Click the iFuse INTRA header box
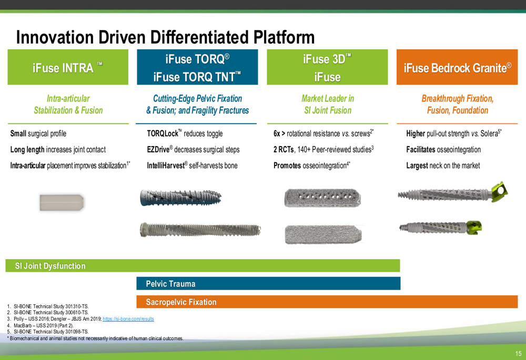(x=68, y=67)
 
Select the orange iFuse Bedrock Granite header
(x=457, y=67)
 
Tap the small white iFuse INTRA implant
(x=62, y=202)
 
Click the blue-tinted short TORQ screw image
(x=180, y=198)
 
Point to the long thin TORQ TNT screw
(x=200, y=230)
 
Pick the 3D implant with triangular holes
(x=323, y=198)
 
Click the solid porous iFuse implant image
(x=323, y=234)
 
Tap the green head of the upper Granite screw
(x=500, y=192)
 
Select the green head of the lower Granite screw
(x=474, y=227)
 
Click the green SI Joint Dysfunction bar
(x=203, y=265)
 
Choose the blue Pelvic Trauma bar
(x=268, y=284)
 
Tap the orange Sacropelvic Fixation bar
(x=327, y=302)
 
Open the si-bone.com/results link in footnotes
(x=128, y=319)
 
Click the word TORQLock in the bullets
(x=163, y=133)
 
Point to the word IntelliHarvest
(x=166, y=165)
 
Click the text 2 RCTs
(x=284, y=149)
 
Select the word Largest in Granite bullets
(x=417, y=166)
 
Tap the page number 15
(x=518, y=353)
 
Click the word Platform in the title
(x=284, y=37)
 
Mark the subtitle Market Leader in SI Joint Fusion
(x=328, y=104)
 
